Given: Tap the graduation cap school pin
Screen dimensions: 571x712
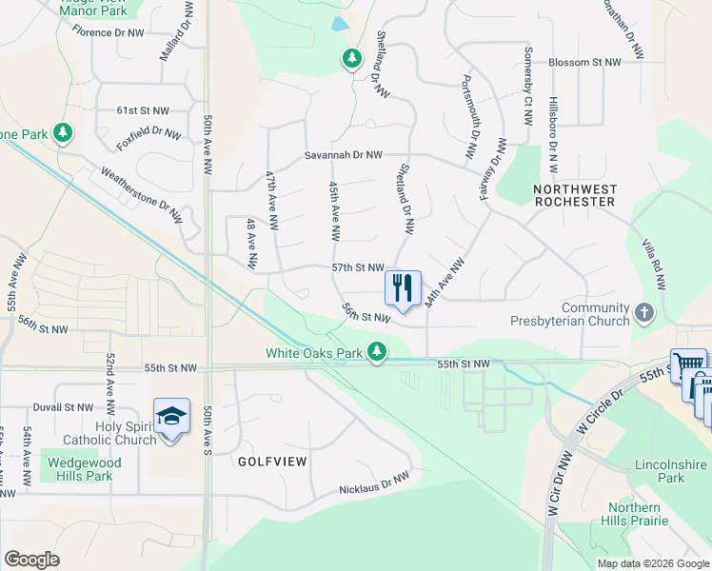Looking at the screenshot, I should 171,417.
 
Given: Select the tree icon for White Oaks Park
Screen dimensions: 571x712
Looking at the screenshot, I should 378,353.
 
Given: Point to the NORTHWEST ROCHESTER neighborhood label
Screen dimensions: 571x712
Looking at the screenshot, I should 574,196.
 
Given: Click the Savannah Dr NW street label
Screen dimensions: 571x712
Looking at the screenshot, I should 343,155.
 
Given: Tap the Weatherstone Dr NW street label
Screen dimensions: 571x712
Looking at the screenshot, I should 142,196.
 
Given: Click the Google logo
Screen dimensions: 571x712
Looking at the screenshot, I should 31,560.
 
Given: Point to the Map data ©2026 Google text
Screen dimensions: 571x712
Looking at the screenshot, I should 652,563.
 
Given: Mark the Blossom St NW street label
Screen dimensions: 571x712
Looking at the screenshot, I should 584,63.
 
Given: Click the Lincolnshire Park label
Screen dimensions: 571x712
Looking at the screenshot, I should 670,471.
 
